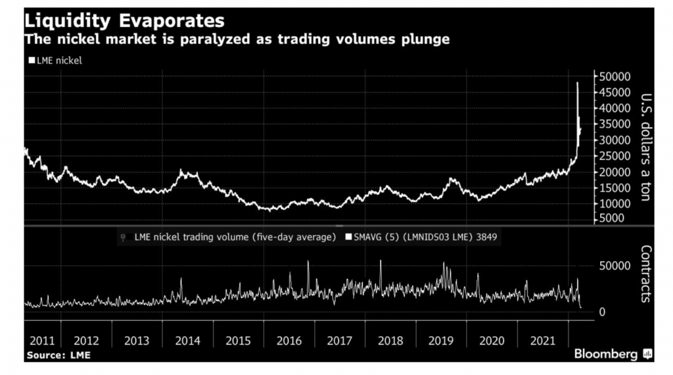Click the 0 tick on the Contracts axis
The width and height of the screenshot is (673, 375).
(x=602, y=312)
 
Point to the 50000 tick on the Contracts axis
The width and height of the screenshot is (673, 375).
(x=616, y=265)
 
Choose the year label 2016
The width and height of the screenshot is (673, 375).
(x=289, y=341)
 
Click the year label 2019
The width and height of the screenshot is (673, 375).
(x=441, y=341)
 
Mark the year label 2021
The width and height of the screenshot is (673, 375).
(x=543, y=341)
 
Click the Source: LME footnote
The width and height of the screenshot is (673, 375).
(x=58, y=355)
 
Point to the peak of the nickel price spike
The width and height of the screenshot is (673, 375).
(x=577, y=83)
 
